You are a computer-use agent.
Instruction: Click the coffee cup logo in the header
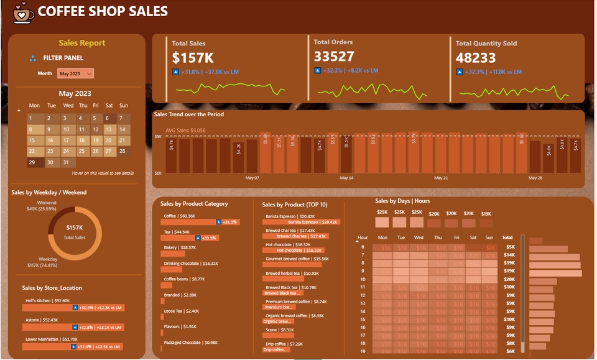coord(24,12)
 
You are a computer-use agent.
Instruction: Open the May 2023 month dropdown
coord(75,73)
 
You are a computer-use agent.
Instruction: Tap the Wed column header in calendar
coord(68,105)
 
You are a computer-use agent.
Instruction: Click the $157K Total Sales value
coord(193,58)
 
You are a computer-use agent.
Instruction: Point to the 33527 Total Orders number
coord(334,57)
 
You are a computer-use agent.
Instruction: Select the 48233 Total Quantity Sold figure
coord(476,58)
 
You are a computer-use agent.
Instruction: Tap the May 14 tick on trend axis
coord(347,178)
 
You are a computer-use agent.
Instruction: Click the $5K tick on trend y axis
coord(158,136)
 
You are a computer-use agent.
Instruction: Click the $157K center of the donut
coord(75,228)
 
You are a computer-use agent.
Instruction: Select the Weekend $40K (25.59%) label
coord(46,206)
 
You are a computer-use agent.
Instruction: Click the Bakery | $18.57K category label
coord(180,247)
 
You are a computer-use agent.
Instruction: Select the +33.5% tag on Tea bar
coord(208,238)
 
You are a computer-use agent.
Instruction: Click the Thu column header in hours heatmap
coord(438,238)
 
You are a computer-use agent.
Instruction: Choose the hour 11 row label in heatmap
coord(363,287)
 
